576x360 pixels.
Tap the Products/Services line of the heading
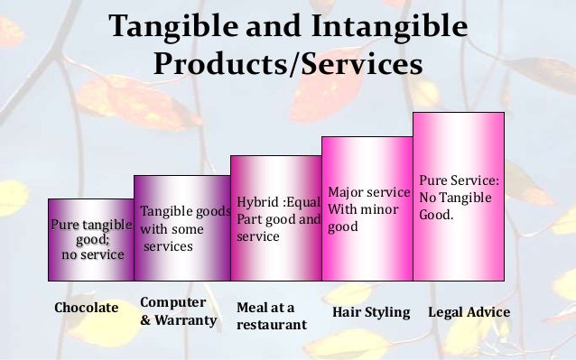coord(288,65)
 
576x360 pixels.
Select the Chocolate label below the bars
coord(87,309)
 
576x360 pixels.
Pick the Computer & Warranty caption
coord(178,310)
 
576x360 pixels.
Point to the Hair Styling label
coord(371,312)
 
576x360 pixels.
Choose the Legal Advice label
coord(469,312)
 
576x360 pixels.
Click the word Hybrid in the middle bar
coord(257,201)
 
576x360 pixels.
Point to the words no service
coord(92,255)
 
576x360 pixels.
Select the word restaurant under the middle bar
coord(271,324)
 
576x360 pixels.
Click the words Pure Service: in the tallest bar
coord(460,180)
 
